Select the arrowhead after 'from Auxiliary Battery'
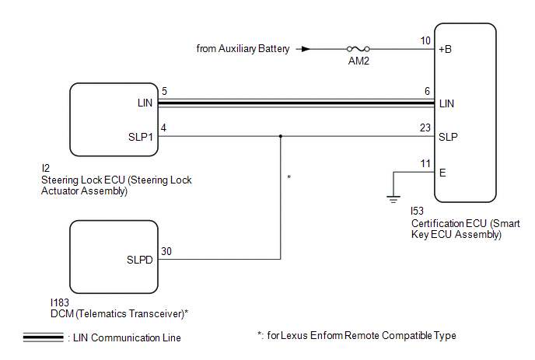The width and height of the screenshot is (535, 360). click(x=306, y=48)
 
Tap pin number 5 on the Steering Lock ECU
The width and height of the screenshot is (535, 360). click(x=163, y=92)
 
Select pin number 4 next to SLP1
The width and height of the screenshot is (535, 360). click(x=163, y=128)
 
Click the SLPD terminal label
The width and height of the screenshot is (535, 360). click(x=140, y=260)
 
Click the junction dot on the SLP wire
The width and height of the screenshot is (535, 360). click(x=280, y=136)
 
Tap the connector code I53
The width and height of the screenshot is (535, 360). click(x=418, y=211)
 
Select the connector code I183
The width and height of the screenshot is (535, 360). click(x=58, y=302)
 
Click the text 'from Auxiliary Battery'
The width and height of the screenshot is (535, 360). click(x=243, y=48)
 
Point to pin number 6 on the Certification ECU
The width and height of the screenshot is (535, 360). click(x=427, y=92)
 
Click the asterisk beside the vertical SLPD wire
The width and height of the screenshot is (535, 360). click(x=289, y=179)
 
